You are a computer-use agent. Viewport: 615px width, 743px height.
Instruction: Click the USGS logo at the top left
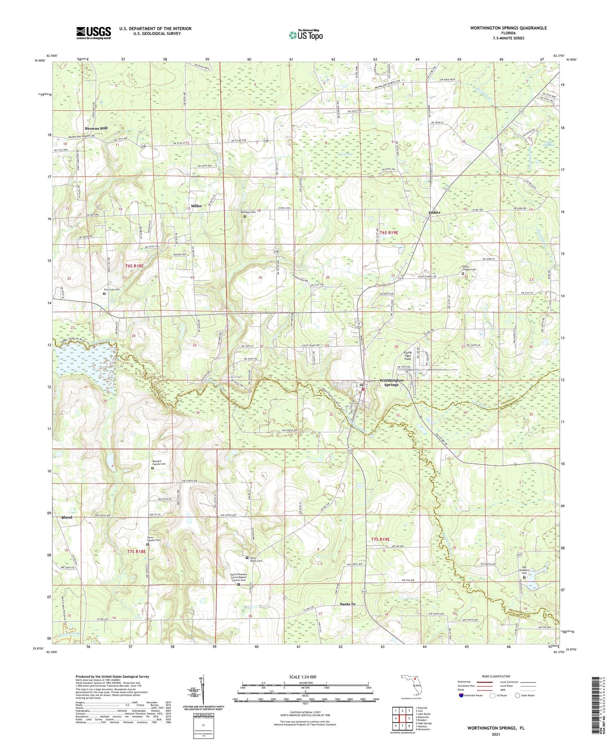[x=94, y=33]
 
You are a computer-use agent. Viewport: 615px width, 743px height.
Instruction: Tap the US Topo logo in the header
[x=306, y=35]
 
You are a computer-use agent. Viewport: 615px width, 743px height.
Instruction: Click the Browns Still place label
[x=96, y=128]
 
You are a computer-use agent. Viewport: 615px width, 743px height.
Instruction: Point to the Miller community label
[x=197, y=206]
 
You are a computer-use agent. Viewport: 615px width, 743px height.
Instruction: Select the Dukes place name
[x=435, y=212]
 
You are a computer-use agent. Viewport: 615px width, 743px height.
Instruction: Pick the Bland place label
[x=67, y=517]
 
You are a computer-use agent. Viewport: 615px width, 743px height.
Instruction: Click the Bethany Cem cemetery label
[x=249, y=212]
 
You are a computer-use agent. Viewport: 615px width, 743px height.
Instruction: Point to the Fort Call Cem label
[x=112, y=290]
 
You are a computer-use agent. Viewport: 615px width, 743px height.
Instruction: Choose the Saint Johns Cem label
[x=256, y=560]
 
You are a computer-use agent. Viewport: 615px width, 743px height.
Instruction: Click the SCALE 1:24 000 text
[x=305, y=677]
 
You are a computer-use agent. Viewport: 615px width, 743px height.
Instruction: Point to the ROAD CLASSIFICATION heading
[x=496, y=676]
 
